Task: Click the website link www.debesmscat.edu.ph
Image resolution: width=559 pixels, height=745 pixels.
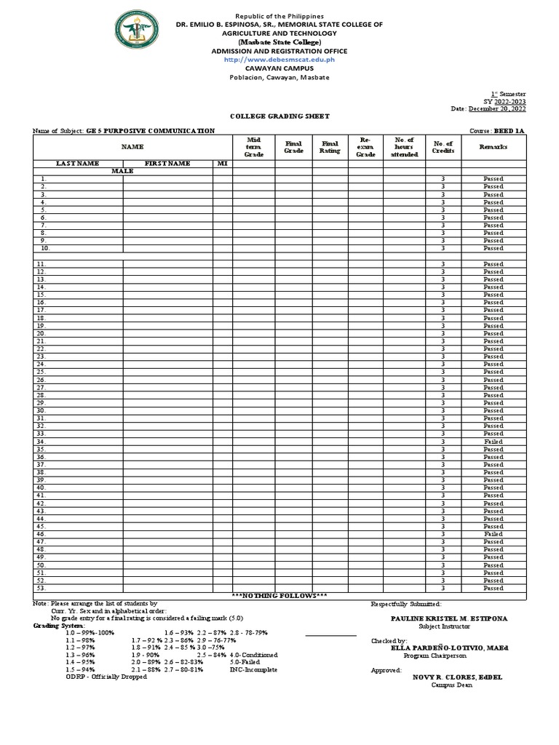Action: [x=279, y=60]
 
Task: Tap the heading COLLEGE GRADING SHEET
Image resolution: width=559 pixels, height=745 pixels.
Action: [x=279, y=116]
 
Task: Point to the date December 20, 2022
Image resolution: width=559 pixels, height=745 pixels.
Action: [x=497, y=108]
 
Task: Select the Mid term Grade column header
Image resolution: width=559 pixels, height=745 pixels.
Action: [x=254, y=146]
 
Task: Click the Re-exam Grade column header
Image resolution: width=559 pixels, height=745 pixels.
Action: [x=365, y=146]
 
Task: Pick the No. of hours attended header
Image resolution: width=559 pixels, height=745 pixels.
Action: [x=404, y=146]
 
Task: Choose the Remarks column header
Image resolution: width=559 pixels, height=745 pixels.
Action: [x=493, y=147]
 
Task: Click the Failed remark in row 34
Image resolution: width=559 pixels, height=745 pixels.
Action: [x=493, y=442]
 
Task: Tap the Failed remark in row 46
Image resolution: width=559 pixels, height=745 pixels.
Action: [x=493, y=534]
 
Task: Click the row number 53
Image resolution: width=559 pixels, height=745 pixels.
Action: [x=41, y=588]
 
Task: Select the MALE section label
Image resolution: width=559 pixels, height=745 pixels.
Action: [x=122, y=171]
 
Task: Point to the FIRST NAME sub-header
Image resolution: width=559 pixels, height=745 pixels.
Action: [x=167, y=164]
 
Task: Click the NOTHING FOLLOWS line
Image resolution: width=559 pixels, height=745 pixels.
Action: [x=279, y=596]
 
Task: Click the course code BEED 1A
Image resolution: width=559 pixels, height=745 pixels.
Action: [x=509, y=131]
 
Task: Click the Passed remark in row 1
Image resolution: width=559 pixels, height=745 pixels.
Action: [x=493, y=179]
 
